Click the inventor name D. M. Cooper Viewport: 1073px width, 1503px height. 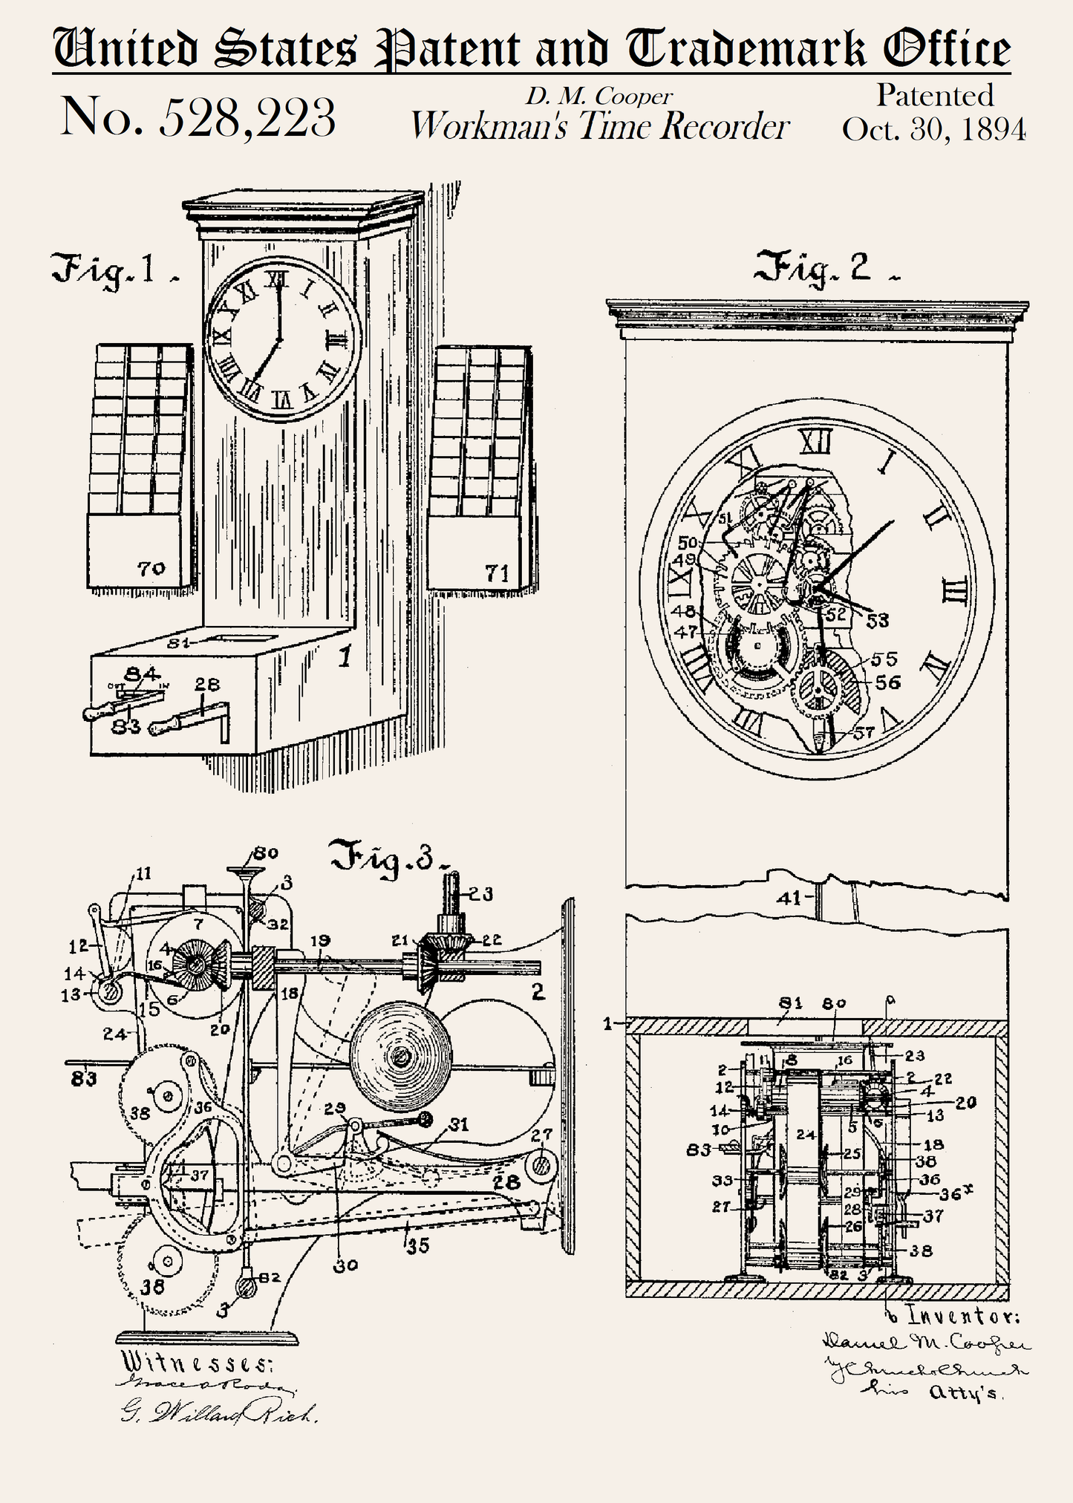click(599, 96)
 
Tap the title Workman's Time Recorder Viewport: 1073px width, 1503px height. click(599, 127)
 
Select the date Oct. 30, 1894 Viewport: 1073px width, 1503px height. click(933, 129)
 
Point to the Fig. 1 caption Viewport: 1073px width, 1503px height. click(111, 271)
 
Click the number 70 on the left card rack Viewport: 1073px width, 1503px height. click(151, 570)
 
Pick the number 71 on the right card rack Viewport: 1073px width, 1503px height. click(497, 573)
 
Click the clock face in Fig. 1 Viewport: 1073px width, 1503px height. click(281, 339)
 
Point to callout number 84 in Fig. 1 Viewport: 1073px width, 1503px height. click(141, 674)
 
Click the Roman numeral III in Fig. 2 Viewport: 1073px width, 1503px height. click(953, 592)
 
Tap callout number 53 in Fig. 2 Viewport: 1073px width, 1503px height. click(878, 620)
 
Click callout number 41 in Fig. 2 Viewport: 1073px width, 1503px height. click(789, 898)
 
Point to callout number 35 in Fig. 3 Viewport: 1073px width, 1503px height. click(419, 1245)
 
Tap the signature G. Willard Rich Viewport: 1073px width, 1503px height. click(219, 1412)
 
